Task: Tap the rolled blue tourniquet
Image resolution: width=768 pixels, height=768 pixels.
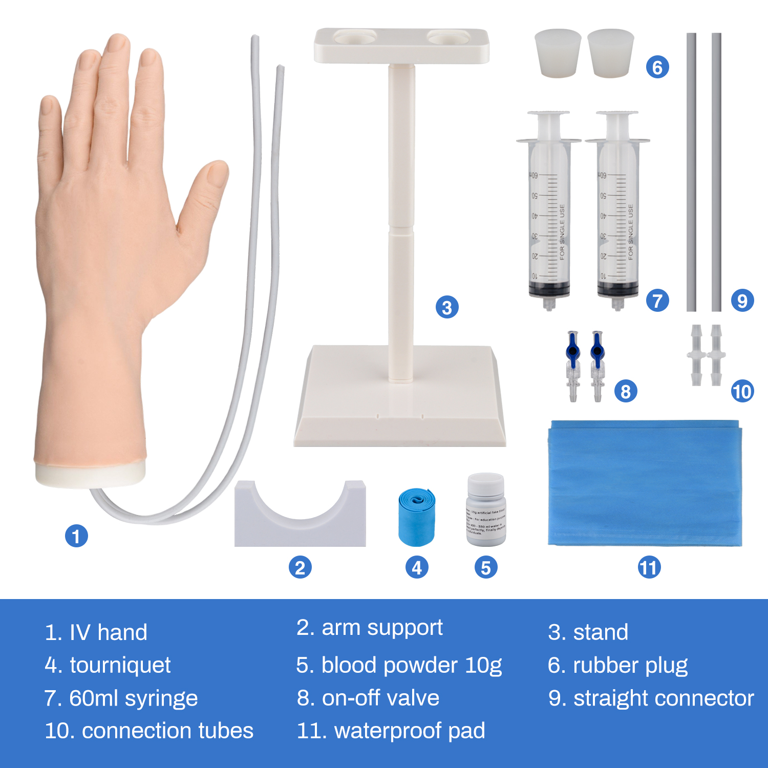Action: pos(416,517)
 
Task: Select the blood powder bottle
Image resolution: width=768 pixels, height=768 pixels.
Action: pos(486,510)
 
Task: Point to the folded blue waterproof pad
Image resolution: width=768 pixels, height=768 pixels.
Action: pos(645,484)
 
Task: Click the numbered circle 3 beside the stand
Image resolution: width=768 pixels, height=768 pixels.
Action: pos(447,307)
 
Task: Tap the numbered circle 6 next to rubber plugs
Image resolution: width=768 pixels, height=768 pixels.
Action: pos(657,67)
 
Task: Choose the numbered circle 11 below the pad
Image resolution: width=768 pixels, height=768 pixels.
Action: pos(649,567)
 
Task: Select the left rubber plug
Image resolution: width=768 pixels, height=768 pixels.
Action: pos(558,53)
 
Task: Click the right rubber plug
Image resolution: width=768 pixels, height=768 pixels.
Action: pos(610,53)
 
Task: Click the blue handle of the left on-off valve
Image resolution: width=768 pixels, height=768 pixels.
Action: pos(572,348)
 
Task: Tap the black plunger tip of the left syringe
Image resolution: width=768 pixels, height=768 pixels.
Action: pos(549,290)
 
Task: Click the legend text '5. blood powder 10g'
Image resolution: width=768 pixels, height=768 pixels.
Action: pos(399,665)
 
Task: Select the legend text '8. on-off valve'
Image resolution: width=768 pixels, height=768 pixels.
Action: pos(368,698)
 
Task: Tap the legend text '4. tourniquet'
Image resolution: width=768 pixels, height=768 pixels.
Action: pos(108,665)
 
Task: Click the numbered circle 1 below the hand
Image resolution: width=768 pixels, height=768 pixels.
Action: pos(76,536)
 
